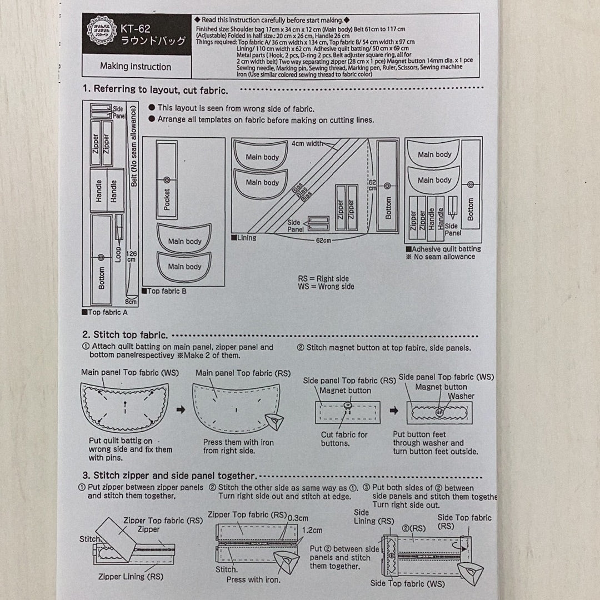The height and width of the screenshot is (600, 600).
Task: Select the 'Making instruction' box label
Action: [136, 67]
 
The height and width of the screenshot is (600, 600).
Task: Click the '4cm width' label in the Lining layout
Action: [307, 144]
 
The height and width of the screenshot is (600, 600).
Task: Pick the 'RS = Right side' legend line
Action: [324, 278]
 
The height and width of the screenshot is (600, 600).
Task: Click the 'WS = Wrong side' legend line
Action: [326, 287]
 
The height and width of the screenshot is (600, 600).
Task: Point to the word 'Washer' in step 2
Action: [461, 396]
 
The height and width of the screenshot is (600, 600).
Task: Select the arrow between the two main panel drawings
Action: [181, 410]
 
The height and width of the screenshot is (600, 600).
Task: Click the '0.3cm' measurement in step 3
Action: [298, 518]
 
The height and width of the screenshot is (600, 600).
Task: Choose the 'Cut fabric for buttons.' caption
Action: [344, 439]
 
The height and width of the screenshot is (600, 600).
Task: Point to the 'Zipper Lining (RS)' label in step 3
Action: [130, 577]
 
